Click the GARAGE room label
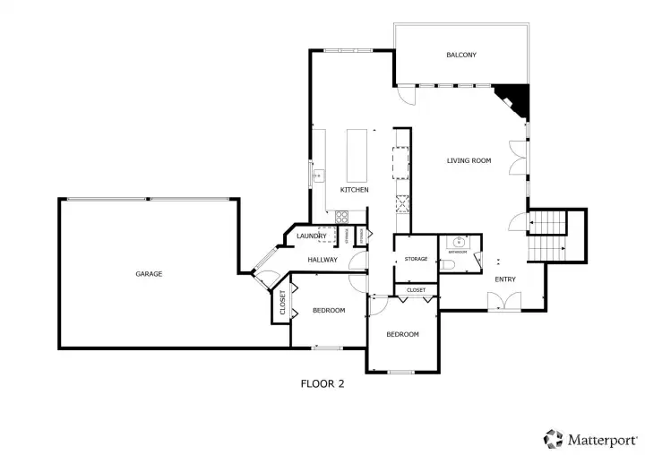click(149, 273)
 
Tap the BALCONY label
click(461, 56)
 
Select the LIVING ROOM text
click(469, 161)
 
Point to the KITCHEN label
click(355, 190)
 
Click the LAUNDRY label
click(311, 236)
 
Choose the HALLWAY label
click(322, 260)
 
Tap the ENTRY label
click(505, 279)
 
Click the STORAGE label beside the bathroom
click(416, 260)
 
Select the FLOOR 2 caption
click(322, 383)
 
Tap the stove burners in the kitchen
click(341, 216)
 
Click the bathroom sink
click(460, 242)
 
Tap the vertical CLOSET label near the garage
click(282, 305)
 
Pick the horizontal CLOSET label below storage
click(417, 291)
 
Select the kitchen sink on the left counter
click(316, 176)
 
